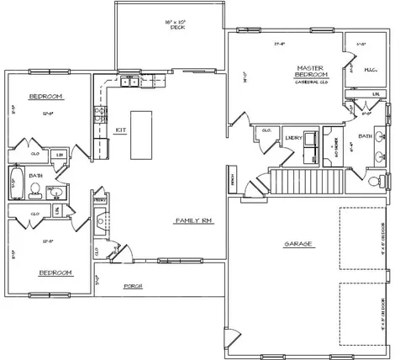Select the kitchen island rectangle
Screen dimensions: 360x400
pyautogui.click(x=140, y=135)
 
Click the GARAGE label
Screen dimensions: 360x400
pyautogui.click(x=297, y=243)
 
